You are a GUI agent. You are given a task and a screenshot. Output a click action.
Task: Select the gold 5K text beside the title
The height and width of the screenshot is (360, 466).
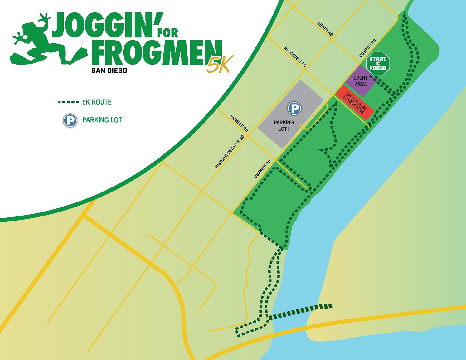click(x=219, y=64)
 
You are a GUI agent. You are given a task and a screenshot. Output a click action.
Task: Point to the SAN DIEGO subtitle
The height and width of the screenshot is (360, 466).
click(x=109, y=71)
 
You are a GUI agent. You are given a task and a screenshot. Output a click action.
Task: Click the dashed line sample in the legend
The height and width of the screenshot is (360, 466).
click(x=69, y=102)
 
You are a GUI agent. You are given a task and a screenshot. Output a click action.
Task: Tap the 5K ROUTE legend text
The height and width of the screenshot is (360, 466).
click(x=97, y=102)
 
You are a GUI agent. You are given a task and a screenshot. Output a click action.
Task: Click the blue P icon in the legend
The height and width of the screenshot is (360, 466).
click(x=70, y=120)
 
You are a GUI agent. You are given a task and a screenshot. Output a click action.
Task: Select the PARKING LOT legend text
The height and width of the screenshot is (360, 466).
click(x=102, y=120)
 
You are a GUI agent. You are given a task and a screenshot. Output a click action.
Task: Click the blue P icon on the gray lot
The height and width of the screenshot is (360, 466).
click(x=294, y=109)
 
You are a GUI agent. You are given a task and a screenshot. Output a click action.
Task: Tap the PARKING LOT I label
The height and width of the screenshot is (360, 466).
click(x=284, y=125)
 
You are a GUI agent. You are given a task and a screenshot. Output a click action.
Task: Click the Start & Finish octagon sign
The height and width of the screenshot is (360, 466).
click(x=378, y=63)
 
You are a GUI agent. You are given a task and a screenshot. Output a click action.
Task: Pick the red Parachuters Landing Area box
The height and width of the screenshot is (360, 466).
click(x=355, y=102)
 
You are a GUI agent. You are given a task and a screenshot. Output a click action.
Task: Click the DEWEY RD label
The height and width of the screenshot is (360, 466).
click(x=325, y=29)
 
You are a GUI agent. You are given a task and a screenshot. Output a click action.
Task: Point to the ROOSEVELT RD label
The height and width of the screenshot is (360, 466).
click(x=295, y=56)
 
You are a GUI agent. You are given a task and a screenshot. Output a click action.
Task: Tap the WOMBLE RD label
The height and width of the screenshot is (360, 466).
click(x=239, y=123)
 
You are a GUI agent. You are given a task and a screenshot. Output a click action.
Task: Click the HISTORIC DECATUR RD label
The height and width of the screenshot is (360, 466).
click(x=230, y=152)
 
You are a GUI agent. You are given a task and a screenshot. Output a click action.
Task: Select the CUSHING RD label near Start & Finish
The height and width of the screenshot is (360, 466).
click(x=367, y=48)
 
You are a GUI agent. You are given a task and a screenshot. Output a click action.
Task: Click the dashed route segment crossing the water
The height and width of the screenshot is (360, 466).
click(x=299, y=312)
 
